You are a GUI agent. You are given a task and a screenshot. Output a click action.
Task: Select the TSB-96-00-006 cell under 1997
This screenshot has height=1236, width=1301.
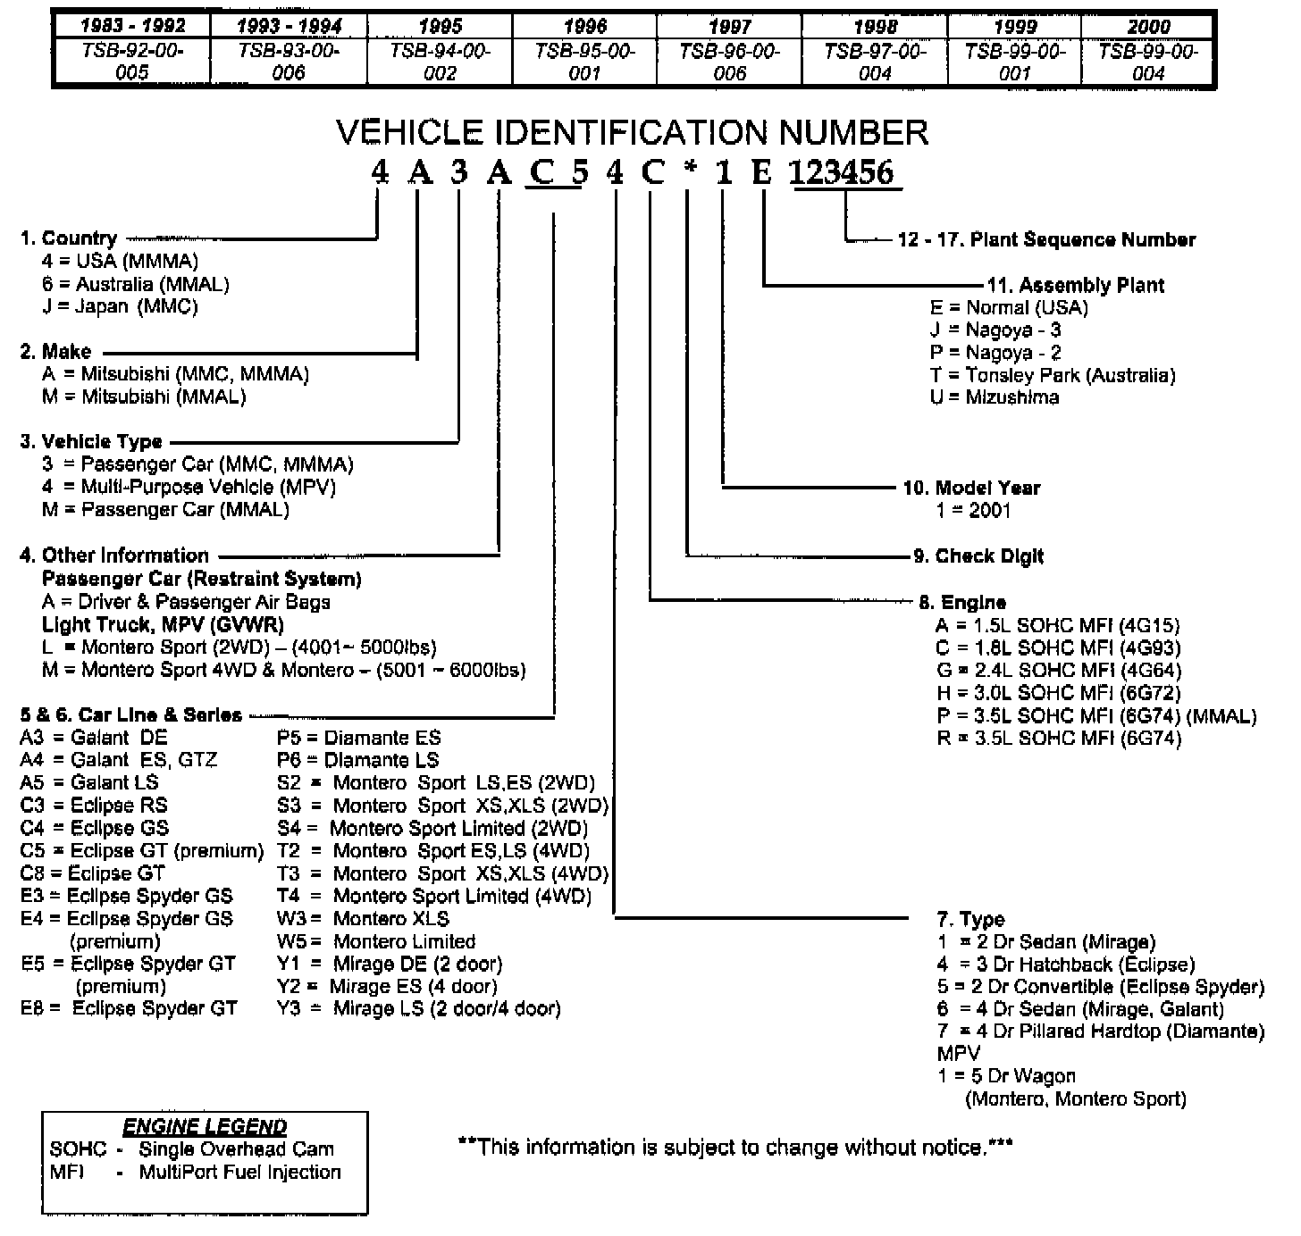pyautogui.click(x=729, y=62)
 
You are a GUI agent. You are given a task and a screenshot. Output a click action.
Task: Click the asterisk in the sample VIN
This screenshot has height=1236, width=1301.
pyautogui.click(x=688, y=171)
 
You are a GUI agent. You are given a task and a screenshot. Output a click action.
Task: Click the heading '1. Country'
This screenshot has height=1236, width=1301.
pyautogui.click(x=69, y=238)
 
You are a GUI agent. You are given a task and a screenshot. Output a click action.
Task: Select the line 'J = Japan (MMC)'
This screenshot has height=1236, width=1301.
pyautogui.click(x=120, y=306)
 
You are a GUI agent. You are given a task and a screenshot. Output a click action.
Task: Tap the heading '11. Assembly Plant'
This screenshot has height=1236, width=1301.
pyautogui.click(x=1075, y=285)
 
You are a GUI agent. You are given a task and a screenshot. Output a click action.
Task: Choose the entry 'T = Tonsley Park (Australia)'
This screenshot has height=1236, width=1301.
pyautogui.click(x=1053, y=375)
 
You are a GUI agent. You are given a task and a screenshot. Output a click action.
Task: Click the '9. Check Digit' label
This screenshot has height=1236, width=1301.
pyautogui.click(x=978, y=555)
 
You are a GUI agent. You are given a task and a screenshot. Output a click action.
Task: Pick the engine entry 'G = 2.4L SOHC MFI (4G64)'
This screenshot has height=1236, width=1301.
pyautogui.click(x=1058, y=670)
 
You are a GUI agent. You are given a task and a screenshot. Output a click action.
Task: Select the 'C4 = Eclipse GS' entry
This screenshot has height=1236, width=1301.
pyautogui.click(x=94, y=828)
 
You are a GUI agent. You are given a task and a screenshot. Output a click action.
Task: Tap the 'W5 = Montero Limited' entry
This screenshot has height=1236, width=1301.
pyautogui.click(x=376, y=941)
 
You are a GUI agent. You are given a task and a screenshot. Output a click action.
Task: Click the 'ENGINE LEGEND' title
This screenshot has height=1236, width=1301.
pyautogui.click(x=205, y=1126)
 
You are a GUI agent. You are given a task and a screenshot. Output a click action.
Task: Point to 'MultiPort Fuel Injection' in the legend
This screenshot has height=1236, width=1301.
pyautogui.click(x=239, y=1172)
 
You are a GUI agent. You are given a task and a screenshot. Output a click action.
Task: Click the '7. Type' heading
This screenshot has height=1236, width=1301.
pyautogui.click(x=970, y=919)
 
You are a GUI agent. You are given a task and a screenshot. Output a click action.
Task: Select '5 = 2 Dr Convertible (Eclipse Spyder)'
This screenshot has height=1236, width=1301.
pyautogui.click(x=1100, y=987)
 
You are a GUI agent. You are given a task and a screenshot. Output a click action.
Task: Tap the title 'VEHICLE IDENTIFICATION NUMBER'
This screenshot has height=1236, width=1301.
pyautogui.click(x=632, y=133)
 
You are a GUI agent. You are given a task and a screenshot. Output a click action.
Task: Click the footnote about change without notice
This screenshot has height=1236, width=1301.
pyautogui.click(x=734, y=1146)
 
